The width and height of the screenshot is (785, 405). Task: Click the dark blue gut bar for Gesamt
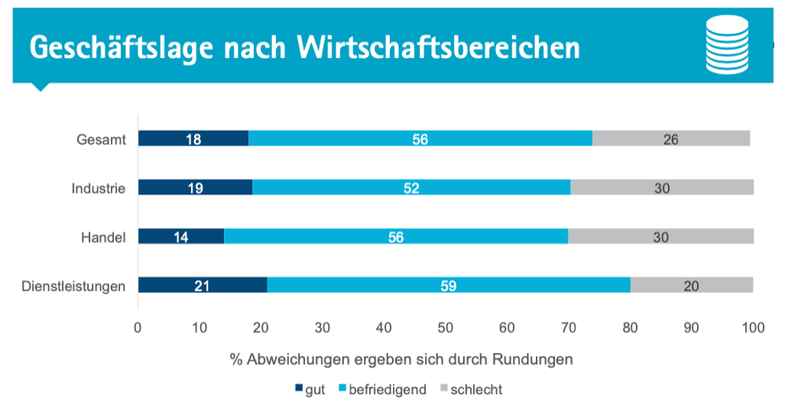(193, 138)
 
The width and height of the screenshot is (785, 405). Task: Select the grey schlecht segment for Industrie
(662, 187)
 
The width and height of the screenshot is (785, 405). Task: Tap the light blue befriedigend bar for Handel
(396, 236)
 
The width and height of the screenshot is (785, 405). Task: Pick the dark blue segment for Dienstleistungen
(203, 285)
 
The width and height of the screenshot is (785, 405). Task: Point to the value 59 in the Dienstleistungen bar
(448, 285)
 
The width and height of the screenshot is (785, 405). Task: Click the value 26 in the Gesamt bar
(669, 139)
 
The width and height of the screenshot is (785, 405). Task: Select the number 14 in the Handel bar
(182, 237)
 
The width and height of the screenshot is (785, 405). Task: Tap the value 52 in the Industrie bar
(411, 188)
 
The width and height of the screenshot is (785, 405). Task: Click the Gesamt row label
(101, 139)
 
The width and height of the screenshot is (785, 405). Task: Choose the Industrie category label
(98, 188)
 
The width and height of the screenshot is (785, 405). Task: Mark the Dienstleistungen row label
(74, 285)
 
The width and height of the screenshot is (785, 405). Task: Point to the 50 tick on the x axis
(446, 327)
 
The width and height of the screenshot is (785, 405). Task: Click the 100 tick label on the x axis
(753, 327)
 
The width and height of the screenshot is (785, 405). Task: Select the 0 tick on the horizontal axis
(138, 327)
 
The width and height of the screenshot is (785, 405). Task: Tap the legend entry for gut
(312, 389)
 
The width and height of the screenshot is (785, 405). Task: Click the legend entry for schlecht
(471, 389)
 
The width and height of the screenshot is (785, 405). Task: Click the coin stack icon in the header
(728, 45)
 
